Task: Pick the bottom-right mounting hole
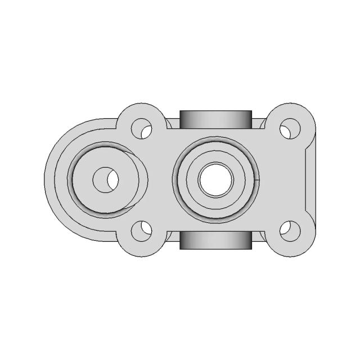[290, 230]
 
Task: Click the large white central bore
[215, 179]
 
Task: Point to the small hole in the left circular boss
[106, 179]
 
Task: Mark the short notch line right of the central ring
[256, 180]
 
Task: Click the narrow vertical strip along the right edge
[310, 179]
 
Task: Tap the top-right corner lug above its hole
[290, 111]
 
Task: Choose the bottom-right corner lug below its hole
[290, 248]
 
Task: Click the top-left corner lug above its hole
[141, 111]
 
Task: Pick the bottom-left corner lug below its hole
[141, 248]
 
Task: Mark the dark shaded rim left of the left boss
[71, 179]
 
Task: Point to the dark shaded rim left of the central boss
[177, 179]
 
